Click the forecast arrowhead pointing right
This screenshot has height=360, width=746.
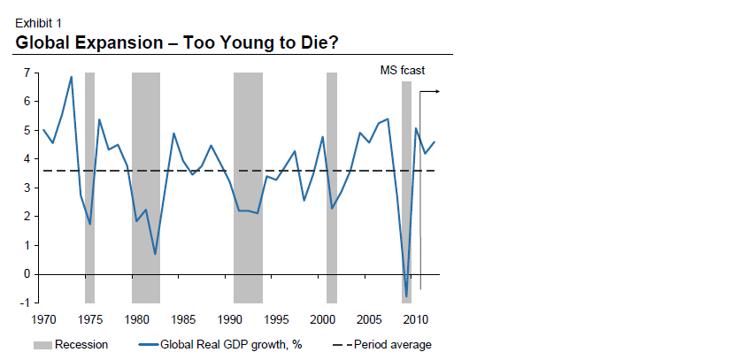[x=436, y=91]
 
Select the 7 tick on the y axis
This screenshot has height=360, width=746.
[x=27, y=73]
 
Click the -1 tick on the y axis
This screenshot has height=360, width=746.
[x=26, y=303]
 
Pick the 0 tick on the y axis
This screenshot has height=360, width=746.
[x=27, y=274]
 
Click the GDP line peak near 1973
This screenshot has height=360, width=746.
[x=71, y=77]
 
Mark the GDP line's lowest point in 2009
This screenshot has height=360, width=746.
[x=406, y=296]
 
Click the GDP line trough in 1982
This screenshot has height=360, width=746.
[x=155, y=254]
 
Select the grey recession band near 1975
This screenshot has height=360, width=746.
[x=89, y=188]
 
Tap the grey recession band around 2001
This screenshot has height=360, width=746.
[x=332, y=188]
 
